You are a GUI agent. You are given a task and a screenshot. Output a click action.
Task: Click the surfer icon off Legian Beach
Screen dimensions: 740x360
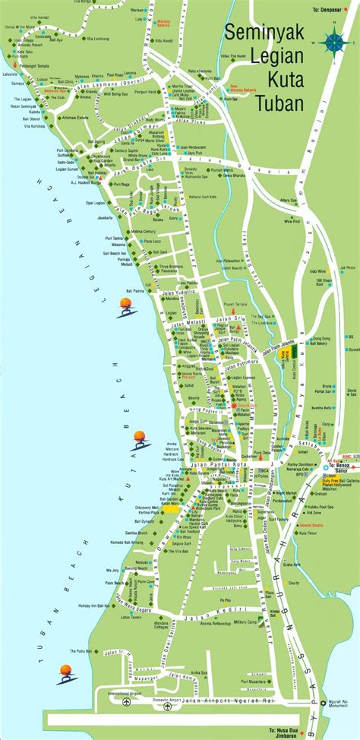[x=125, y=306]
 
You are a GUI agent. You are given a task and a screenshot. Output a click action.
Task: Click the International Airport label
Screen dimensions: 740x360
[x=128, y=694]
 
